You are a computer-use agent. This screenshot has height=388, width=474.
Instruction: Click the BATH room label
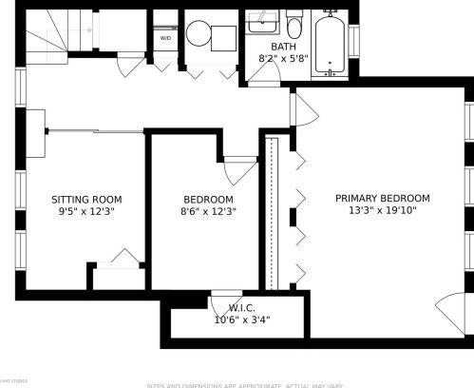pos(283,46)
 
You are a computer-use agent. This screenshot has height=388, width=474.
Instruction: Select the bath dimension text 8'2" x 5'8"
pos(283,58)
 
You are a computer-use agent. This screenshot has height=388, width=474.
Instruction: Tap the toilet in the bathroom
pos(294,24)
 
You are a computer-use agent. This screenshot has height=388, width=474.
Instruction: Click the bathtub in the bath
pos(331,44)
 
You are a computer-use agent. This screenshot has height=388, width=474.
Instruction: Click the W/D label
pos(165,38)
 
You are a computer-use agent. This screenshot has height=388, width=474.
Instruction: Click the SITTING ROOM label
pos(86,200)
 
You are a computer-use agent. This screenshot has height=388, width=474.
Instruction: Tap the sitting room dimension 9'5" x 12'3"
pos(86,212)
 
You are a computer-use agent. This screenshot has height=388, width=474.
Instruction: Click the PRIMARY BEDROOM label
pos(382,198)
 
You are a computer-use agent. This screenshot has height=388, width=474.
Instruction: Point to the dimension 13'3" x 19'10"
pos(382,210)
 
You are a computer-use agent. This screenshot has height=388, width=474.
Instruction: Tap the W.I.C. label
pos(242,308)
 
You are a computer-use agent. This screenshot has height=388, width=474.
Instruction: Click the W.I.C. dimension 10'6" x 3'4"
pos(242,320)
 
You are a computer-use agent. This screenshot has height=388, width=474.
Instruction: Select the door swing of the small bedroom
pos(239,169)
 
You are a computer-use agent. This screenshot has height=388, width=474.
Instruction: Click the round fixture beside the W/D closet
pos(199,34)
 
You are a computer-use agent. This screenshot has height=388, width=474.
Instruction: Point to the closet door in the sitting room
pos(121,259)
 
